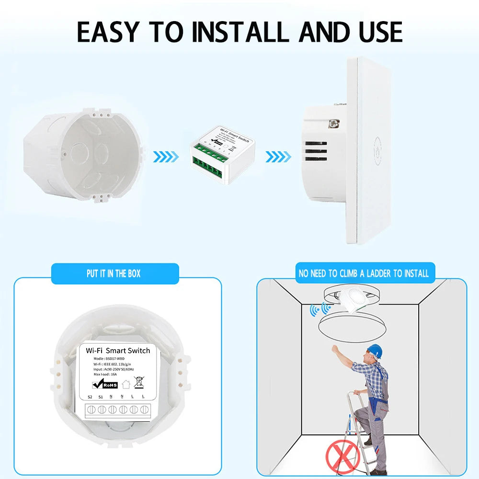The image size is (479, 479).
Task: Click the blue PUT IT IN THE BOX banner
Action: (x=114, y=274)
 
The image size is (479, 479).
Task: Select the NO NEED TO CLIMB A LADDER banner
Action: (x=363, y=274)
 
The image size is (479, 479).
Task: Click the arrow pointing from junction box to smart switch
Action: (x=166, y=156)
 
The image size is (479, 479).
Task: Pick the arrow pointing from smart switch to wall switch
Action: (x=278, y=156)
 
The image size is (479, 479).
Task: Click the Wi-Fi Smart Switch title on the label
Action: (x=118, y=351)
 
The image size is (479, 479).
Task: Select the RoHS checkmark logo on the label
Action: (x=104, y=384)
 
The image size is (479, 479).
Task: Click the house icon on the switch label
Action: (x=126, y=384)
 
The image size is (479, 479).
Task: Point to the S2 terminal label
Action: (x=90, y=397)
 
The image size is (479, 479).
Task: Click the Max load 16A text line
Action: (x=103, y=374)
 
